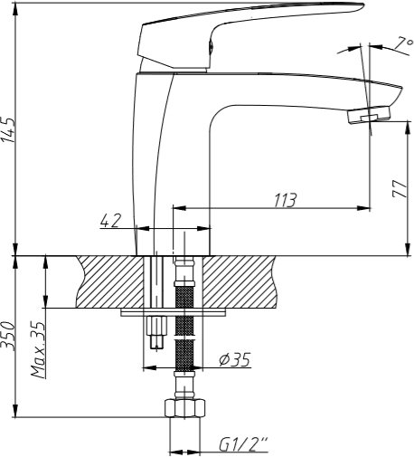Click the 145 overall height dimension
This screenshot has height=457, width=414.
click(x=7, y=130)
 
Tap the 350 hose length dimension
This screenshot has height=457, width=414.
click(x=7, y=336)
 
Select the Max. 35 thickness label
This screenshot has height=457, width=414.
click(x=38, y=350)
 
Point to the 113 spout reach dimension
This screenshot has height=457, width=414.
click(x=285, y=200)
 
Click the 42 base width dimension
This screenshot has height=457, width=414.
click(x=110, y=221)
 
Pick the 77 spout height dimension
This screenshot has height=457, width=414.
click(x=400, y=188)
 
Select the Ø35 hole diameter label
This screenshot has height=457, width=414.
click(x=234, y=359)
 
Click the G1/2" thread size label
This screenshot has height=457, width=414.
click(x=242, y=445)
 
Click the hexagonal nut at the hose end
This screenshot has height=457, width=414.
click(x=185, y=408)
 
